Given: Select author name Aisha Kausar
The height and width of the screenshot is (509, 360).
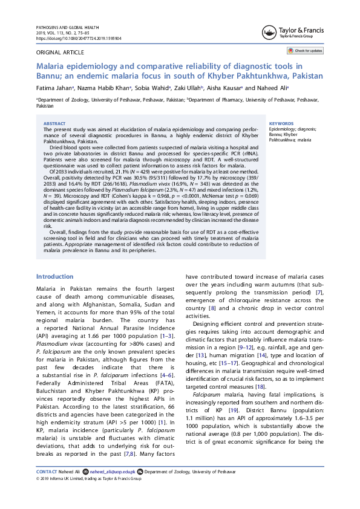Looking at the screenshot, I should pyautogui.click(x=224, y=88).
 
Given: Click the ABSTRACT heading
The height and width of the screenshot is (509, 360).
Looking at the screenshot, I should pyautogui.click(x=55, y=123).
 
